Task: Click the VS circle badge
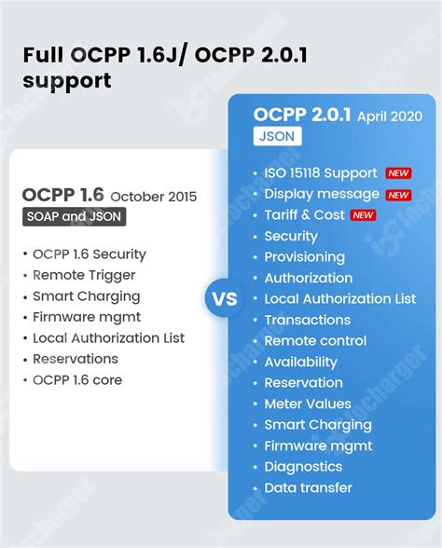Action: pos(226,300)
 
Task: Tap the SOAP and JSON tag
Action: pos(76,217)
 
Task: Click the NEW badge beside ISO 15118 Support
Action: pos(398,173)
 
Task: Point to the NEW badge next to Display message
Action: pos(398,195)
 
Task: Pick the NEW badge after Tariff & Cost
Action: pos(364,215)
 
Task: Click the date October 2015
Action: pos(154,197)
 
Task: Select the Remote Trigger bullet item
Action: pos(84,275)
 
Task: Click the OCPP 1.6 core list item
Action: pos(77,379)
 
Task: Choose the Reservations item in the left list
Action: pos(76,359)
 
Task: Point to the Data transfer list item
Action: pos(308,487)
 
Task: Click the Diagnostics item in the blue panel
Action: pos(303,466)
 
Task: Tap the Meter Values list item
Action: pos(308,404)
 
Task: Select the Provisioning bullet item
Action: pos(304,257)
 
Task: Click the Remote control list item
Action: pos(315,341)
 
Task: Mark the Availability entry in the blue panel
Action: pos(300,362)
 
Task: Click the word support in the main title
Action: pos(67,81)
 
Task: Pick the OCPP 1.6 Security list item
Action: pos(90,253)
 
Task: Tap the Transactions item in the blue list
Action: pos(307,320)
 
